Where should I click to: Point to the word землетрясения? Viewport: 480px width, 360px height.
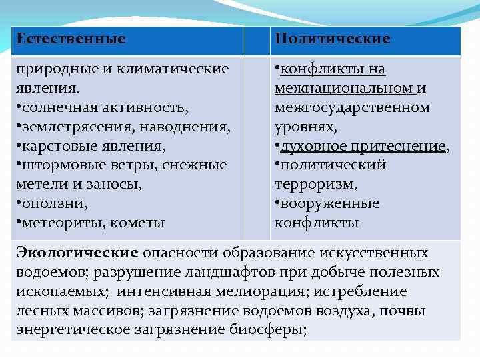tap(73, 126)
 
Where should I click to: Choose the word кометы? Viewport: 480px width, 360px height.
tap(137, 222)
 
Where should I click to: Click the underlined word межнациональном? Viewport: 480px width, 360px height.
tap(344, 88)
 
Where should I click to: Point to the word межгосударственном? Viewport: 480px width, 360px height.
tap(352, 107)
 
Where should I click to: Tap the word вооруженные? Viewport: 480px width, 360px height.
tap(330, 203)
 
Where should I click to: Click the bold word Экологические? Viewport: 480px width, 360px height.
tap(77, 253)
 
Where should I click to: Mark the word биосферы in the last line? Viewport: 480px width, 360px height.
tap(267, 330)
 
